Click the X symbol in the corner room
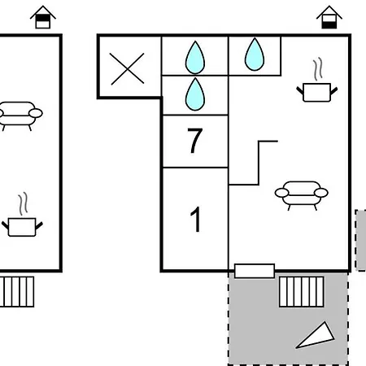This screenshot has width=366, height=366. [x=127, y=69]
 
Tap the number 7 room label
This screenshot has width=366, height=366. [x=195, y=141]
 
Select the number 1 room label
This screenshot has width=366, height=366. [x=196, y=220]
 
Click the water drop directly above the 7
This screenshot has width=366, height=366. [x=195, y=94]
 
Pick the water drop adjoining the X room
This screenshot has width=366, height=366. [x=195, y=58]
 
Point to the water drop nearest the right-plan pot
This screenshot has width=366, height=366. [x=255, y=54]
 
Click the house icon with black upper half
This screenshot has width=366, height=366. [x=43, y=17]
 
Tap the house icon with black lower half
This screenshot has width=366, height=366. [x=329, y=17]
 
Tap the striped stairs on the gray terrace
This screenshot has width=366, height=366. [x=302, y=292]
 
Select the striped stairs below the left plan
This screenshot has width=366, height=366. [x=17, y=292]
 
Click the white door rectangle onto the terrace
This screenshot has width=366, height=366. [x=255, y=271]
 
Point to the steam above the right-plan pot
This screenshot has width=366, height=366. [x=318, y=69]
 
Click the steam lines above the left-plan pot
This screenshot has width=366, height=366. [x=23, y=204]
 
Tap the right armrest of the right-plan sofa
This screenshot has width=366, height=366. [x=321, y=193]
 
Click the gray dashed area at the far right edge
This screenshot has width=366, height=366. [x=361, y=240]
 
